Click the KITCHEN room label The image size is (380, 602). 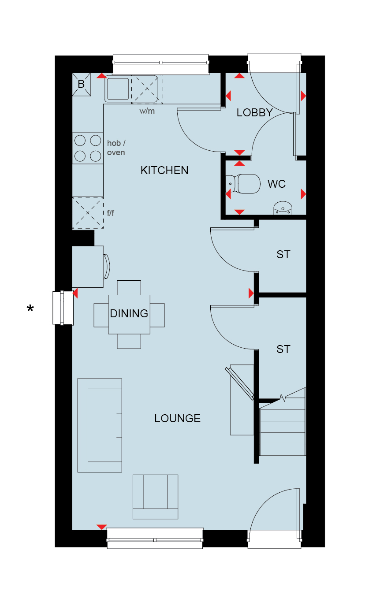coord(164,171)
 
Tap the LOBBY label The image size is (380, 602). coord(254,113)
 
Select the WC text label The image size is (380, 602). coord(276,184)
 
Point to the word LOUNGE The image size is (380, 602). coord(177,418)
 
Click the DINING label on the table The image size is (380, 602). coord(129,314)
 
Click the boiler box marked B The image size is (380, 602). coord(82,84)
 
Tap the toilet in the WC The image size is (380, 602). coord(243,184)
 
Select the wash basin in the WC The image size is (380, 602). coord(283,208)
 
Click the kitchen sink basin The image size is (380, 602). coord(118,89)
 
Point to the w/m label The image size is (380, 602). coord(147,111)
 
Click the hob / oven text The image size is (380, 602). coord(116,148)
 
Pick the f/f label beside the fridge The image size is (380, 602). coord(111,213)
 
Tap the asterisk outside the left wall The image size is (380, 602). coord(30,308)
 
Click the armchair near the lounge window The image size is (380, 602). coord(155,497)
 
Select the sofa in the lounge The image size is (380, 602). coord(100,425)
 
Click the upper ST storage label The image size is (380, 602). coord(283,255)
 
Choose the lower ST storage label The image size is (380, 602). coord(283,349)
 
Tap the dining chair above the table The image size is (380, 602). coord(129,288)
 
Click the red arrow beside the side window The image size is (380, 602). coord(75,293)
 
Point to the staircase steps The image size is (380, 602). coord(282,432)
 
